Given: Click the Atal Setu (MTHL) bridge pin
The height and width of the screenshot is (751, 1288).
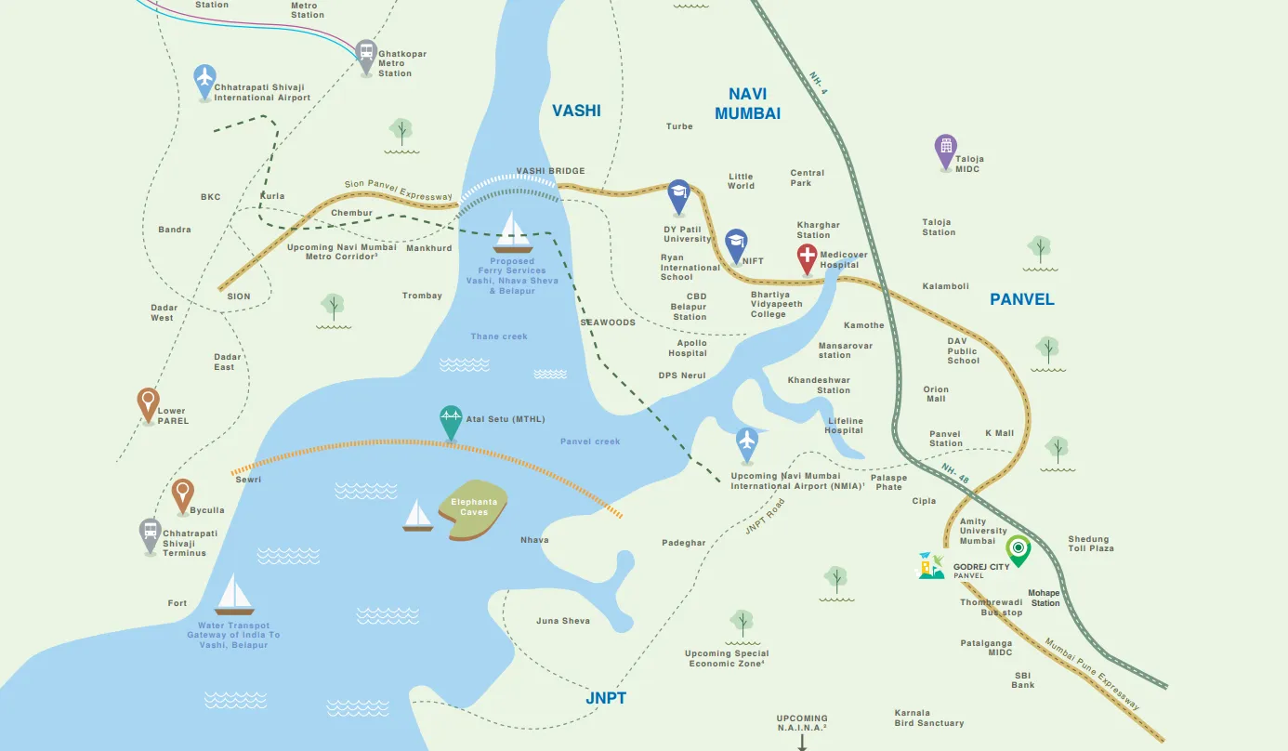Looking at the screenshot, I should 451,421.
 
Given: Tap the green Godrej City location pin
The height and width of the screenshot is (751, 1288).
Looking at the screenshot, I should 1019,549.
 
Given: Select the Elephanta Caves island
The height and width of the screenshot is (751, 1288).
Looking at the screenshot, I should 473,510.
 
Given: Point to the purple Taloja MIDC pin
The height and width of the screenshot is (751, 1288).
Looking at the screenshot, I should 945,150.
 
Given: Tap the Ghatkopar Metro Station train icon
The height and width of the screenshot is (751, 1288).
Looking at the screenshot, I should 366,54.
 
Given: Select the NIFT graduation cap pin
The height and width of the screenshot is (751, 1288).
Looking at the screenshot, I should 736,244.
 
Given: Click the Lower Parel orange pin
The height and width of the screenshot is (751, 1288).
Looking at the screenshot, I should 148,403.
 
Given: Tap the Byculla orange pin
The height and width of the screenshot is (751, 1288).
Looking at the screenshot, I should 183,494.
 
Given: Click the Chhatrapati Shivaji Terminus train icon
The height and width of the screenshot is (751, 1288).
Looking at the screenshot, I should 151,534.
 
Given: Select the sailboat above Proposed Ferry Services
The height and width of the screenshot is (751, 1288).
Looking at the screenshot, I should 513,232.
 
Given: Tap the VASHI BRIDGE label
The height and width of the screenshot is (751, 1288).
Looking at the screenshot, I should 550,171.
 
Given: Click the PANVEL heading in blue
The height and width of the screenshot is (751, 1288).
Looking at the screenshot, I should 1021,299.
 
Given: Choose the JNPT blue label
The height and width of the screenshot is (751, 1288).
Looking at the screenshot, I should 606,698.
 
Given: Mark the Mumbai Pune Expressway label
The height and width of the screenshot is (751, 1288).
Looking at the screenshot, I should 1093,674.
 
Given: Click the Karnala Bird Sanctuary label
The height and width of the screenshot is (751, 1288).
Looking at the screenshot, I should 928,718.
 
